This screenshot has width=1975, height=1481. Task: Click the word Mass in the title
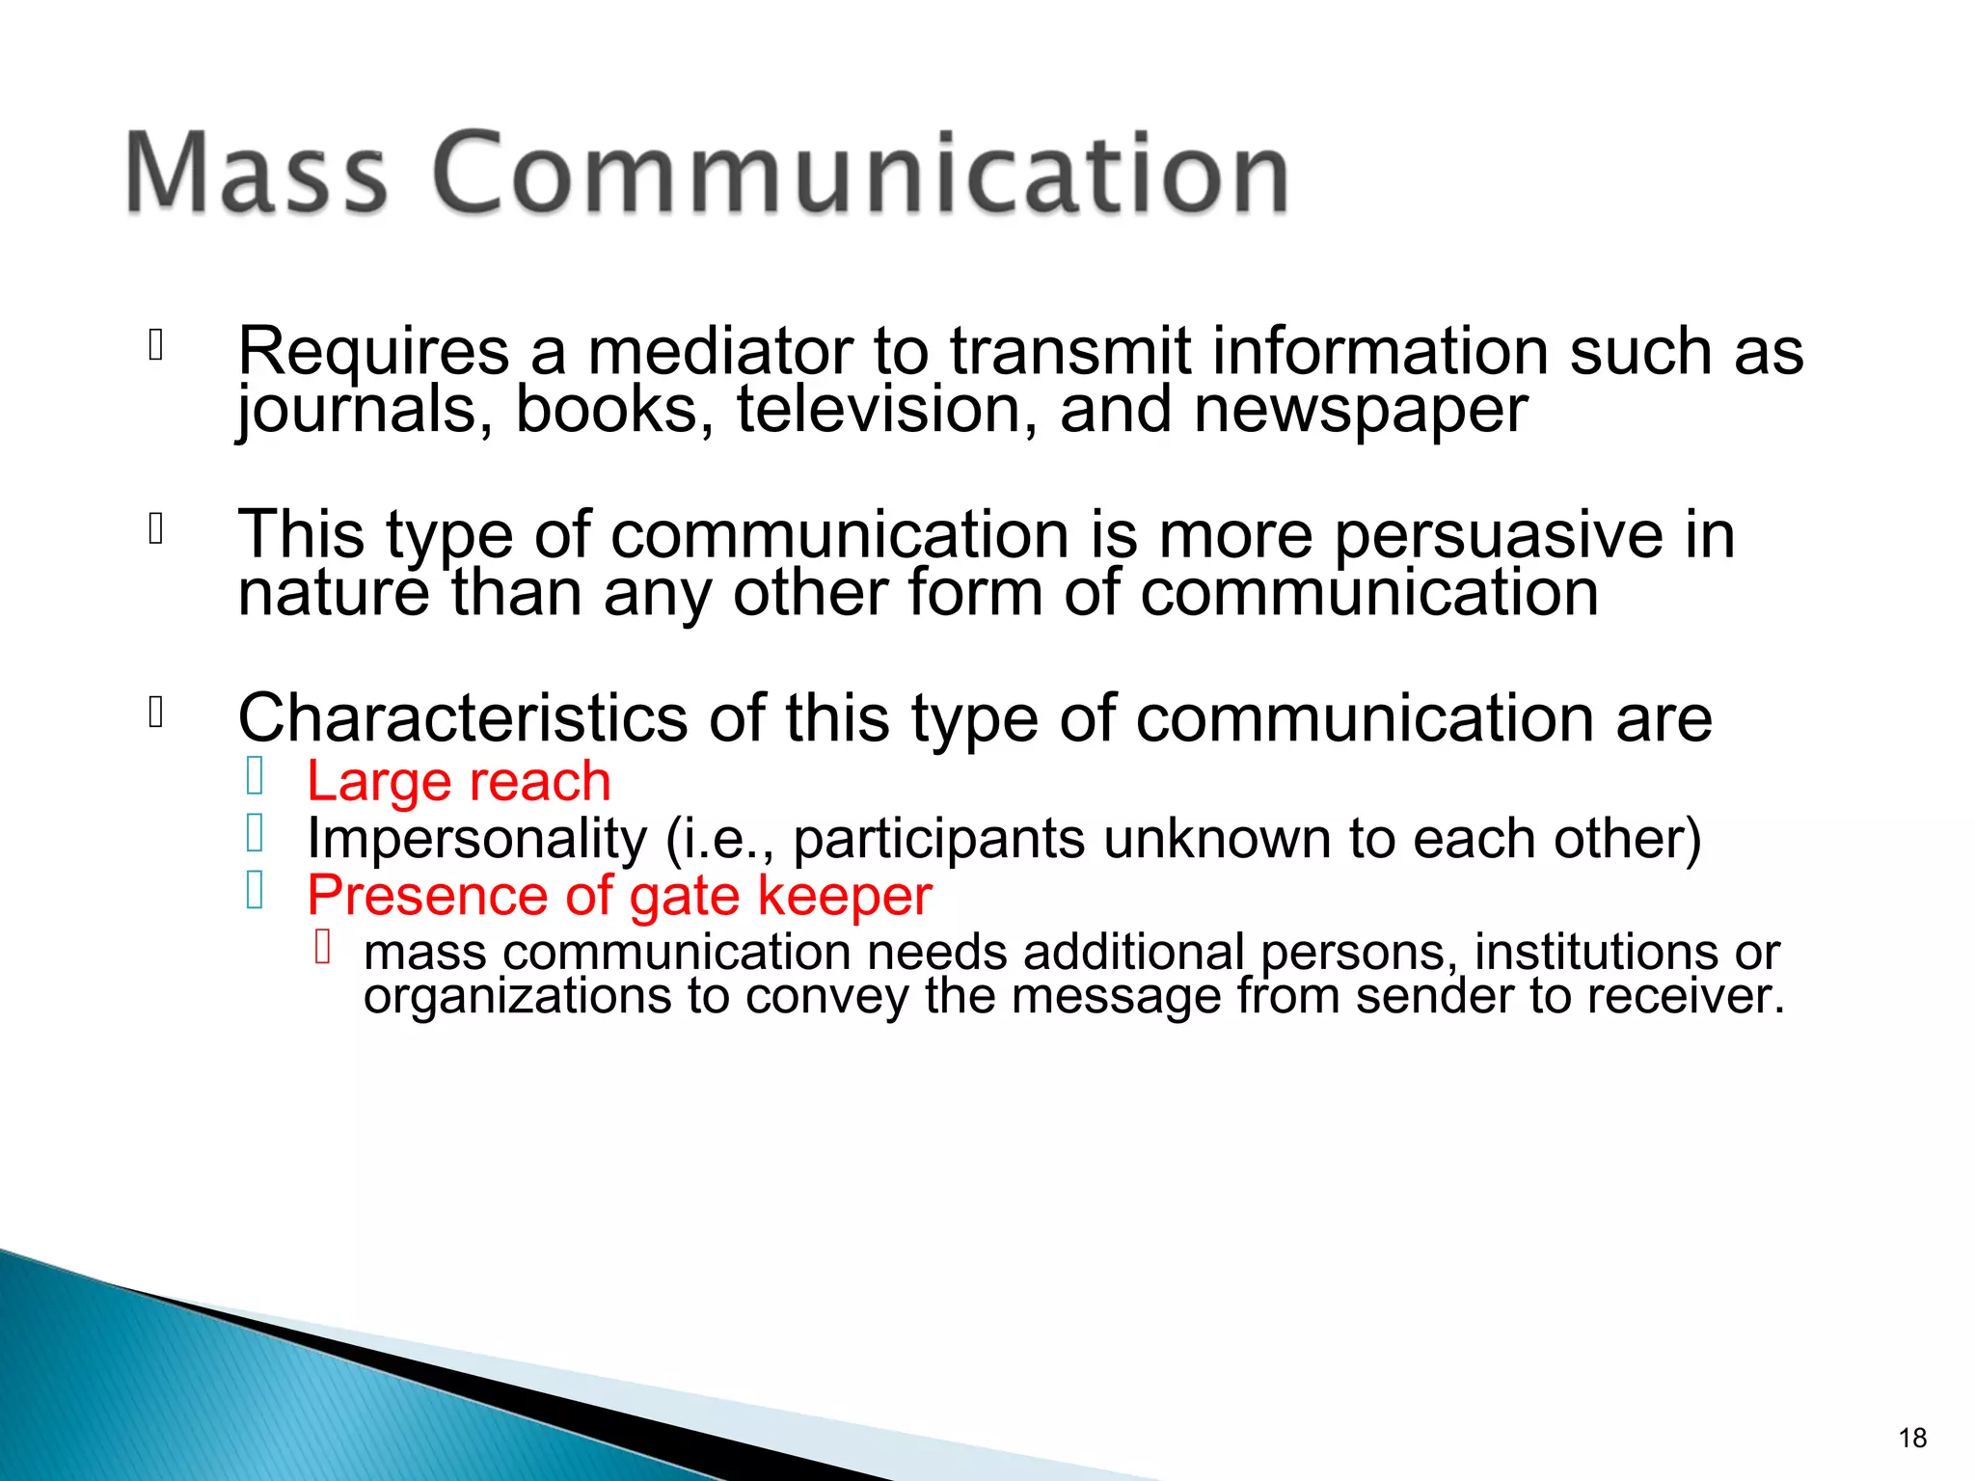[256, 174]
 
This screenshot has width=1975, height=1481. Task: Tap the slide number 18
[1911, 1438]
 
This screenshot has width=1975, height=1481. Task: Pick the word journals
[365, 412]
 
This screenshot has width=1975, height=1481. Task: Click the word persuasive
[1498, 536]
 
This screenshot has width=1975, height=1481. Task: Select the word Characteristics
[463, 718]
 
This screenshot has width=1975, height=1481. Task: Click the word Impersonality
[476, 838]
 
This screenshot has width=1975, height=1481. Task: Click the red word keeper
[844, 896]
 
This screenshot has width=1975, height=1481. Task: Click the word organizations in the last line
[517, 996]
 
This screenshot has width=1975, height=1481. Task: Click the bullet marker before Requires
[155, 345]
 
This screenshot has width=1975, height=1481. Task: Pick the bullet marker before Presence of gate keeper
[255, 890]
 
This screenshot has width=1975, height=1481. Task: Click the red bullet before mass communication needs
[323, 947]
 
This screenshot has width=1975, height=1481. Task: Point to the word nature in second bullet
[333, 594]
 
